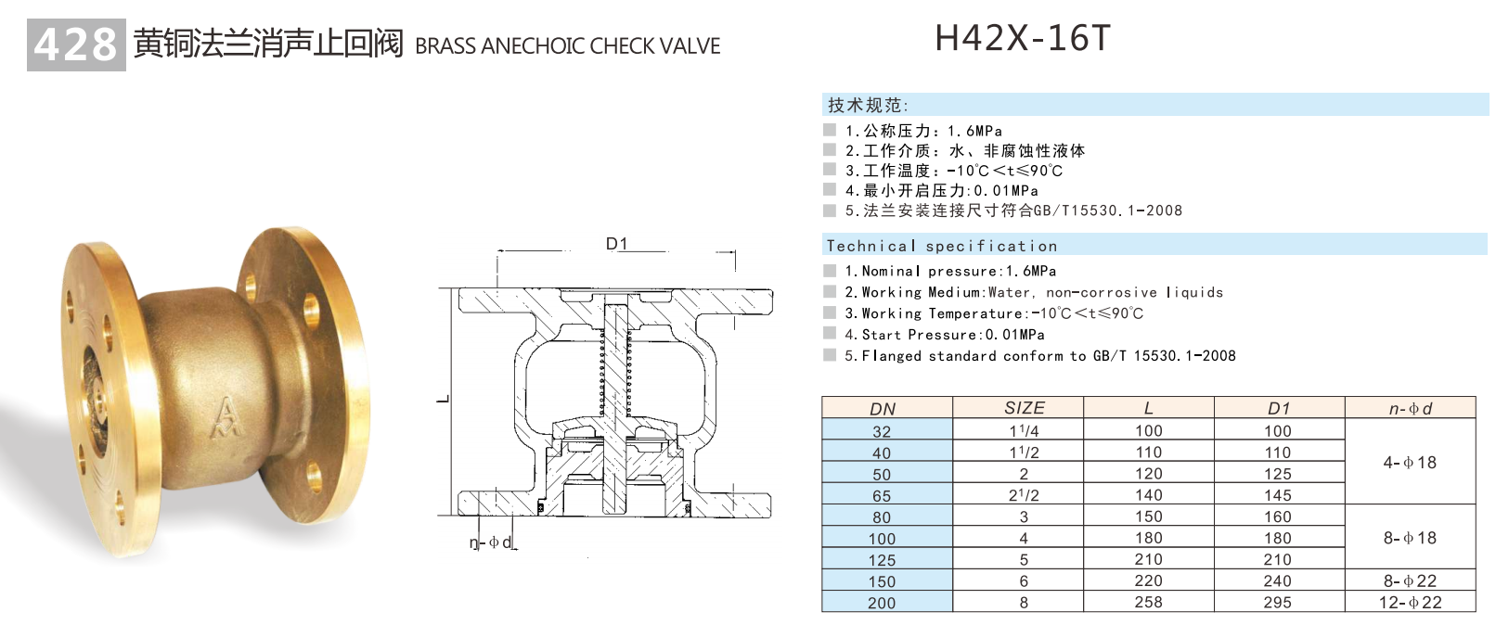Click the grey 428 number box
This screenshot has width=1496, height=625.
click(76, 45)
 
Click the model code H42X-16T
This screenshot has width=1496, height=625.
click(1022, 38)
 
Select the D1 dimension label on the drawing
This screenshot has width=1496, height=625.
click(616, 244)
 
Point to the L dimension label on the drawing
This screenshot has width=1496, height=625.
click(444, 400)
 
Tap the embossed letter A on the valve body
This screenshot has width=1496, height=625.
click(226, 417)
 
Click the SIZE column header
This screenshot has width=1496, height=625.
click(1024, 408)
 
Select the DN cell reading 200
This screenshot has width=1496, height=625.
click(882, 603)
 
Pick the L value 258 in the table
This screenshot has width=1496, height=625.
click(1148, 602)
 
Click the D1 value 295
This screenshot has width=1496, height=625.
click(1277, 602)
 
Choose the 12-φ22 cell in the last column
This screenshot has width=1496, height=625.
click(1410, 602)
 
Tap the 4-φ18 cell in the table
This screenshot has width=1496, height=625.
click(1410, 462)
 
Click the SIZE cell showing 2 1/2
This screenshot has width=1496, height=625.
click(1024, 495)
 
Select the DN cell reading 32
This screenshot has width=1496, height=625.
click(882, 431)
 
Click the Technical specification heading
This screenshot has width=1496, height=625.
click(941, 246)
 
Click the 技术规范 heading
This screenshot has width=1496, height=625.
click(868, 105)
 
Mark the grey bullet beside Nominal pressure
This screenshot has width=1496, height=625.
click(830, 271)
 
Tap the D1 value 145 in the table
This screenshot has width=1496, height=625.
click(1277, 495)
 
